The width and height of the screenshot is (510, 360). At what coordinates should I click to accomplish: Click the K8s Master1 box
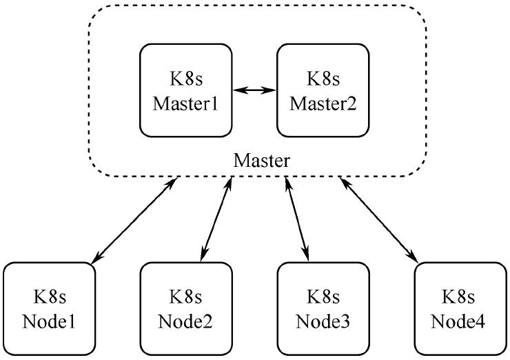point(185,90)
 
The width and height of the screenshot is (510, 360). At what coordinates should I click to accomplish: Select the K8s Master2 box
point(323,90)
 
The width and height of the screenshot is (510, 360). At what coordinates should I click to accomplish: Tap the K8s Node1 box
point(49,308)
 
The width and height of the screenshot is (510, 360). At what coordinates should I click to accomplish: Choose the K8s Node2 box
point(185,308)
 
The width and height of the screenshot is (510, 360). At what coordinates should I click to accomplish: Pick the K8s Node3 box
point(323,308)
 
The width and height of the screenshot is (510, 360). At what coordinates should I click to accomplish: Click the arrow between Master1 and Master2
point(254,90)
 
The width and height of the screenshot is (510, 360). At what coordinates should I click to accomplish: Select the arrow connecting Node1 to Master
point(133,219)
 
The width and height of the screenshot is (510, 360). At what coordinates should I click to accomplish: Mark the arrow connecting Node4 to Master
point(378,219)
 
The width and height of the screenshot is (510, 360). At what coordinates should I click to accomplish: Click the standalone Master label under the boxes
point(262,160)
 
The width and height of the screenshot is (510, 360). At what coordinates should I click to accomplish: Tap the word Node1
point(49,321)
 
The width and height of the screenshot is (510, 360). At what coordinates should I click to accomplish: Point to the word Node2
point(185,321)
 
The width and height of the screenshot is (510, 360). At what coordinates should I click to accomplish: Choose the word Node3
point(323,321)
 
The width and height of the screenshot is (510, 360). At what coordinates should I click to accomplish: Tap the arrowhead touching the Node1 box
point(95,259)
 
